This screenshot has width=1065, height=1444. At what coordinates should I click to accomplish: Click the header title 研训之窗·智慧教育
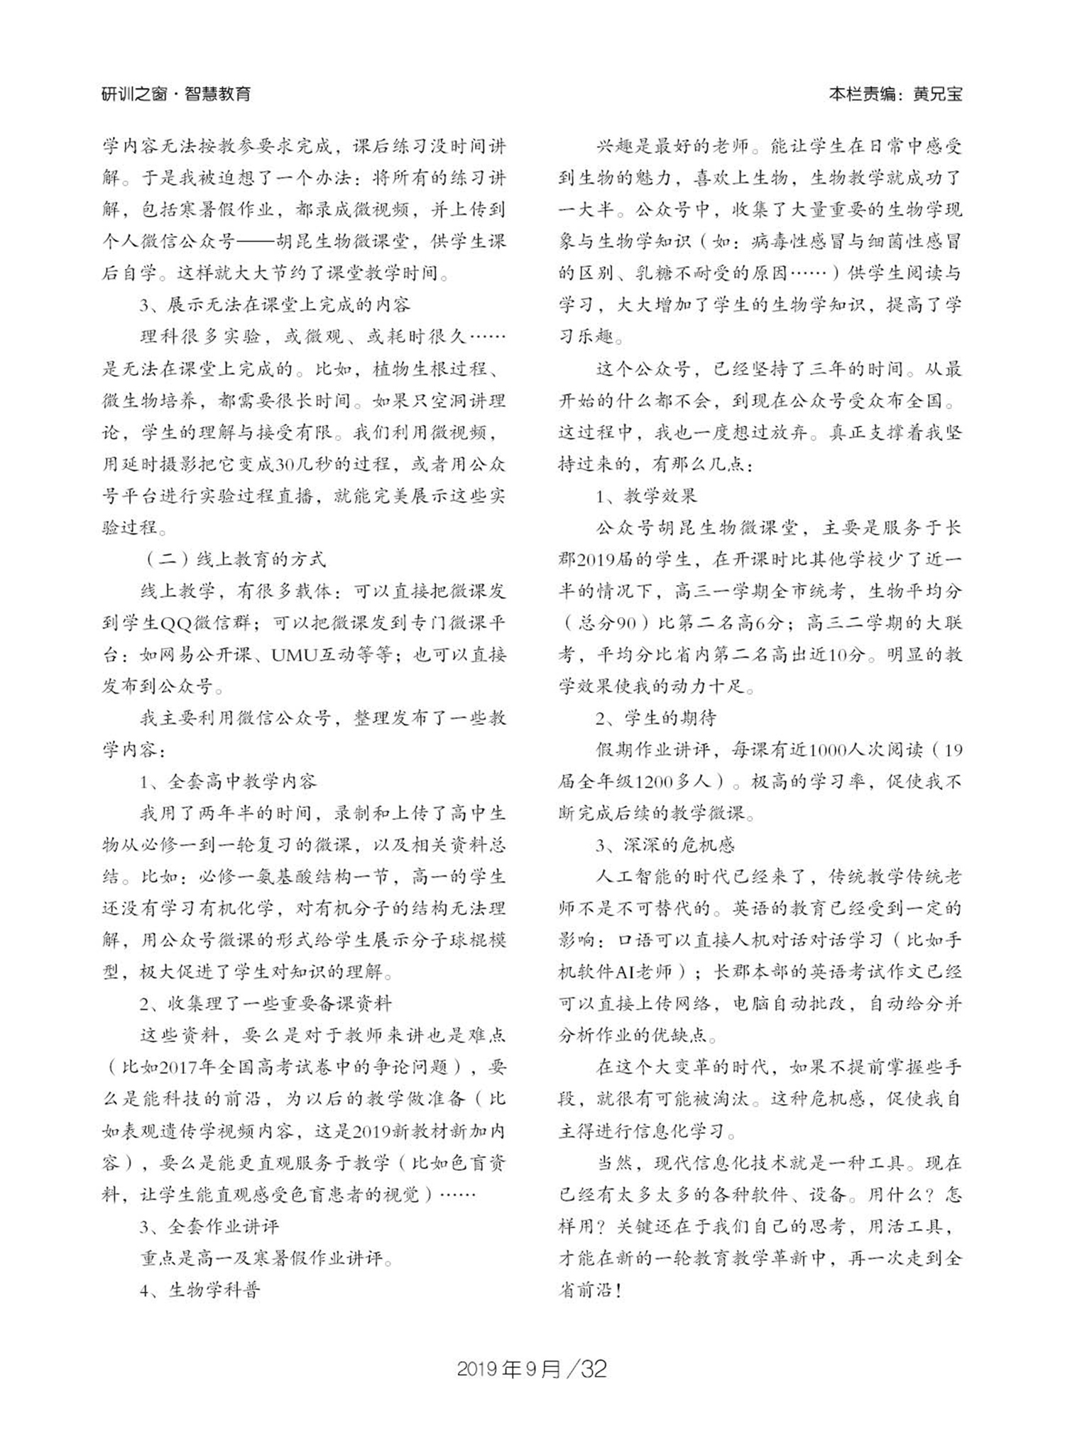(x=176, y=94)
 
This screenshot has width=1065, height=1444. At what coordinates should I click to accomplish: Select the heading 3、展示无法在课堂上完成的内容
(x=275, y=305)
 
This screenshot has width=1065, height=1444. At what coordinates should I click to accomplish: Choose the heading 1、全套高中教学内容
(x=228, y=782)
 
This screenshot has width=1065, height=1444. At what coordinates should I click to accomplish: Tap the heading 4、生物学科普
(x=200, y=1290)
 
